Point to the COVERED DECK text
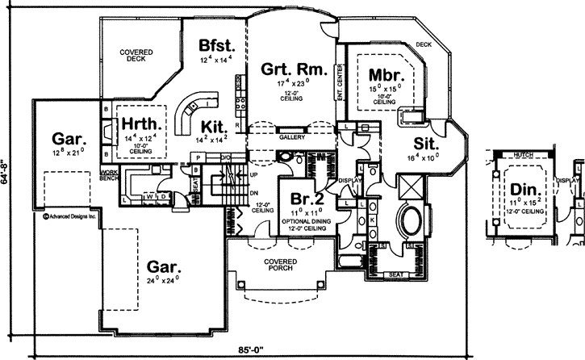(x=137, y=56)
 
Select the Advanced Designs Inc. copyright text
(x=69, y=216)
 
